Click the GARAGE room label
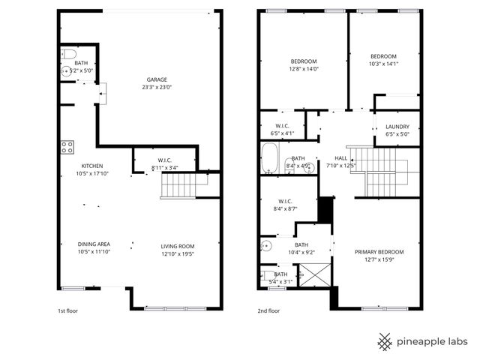coord(157,79)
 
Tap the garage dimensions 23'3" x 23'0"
coord(157,87)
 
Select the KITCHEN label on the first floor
coord(92,166)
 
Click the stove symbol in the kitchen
coord(67,147)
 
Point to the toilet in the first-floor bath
coord(66,54)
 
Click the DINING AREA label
coord(94,244)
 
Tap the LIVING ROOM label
coord(178,246)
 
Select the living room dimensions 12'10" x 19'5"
coord(178,254)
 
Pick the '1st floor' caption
coord(68,310)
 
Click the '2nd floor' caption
coord(269,310)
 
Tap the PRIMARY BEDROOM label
coord(379,252)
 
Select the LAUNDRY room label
coord(397,127)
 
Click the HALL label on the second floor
coord(341,157)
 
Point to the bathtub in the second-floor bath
coord(270,160)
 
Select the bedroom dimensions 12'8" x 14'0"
coord(304,69)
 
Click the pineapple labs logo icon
coord(385,342)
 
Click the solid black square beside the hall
coord(325,209)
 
